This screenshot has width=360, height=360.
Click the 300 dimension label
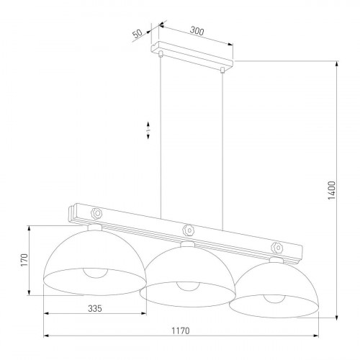[197, 31]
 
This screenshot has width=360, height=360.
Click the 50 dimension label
[138, 34]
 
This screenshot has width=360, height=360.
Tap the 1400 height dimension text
[331, 190]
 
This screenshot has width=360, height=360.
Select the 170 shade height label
[24, 260]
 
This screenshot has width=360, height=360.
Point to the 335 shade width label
[95, 308]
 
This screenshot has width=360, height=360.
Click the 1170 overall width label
[181, 330]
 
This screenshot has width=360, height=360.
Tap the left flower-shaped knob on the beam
[96, 213]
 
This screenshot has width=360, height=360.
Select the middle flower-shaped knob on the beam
[188, 230]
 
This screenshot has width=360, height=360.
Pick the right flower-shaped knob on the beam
[276, 248]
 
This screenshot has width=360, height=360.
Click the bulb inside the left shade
[96, 273]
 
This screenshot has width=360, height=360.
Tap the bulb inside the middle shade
[188, 286]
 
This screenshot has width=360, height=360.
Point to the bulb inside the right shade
[274, 299]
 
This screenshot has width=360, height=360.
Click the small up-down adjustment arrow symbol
[148, 130]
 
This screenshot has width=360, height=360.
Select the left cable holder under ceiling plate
[161, 54]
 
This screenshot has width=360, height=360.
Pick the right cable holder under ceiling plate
[222, 70]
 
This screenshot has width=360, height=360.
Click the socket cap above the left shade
[95, 228]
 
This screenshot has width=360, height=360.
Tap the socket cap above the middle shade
[187, 244]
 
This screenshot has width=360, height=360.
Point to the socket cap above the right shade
[276, 260]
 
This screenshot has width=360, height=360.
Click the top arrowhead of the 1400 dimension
[337, 64]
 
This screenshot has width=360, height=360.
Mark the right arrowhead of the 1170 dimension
[315, 336]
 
